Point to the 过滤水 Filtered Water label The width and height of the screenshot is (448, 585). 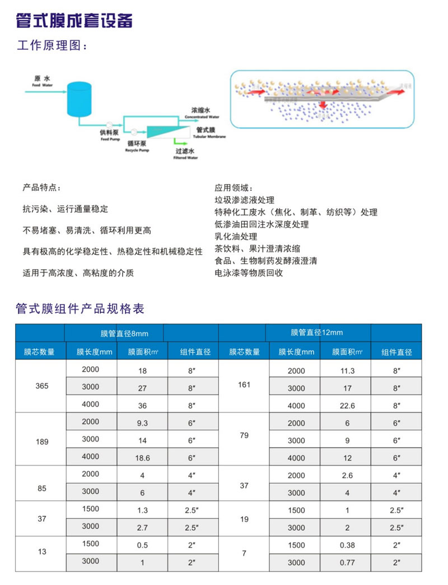pyautogui.click(x=185, y=153)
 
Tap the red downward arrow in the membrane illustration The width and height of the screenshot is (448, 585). pyautogui.click(x=321, y=105)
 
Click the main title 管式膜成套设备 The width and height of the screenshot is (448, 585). pyautogui.click(x=75, y=21)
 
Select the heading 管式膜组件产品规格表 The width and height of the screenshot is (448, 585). pyautogui.click(x=81, y=308)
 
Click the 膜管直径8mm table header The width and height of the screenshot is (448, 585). pyautogui.click(x=124, y=334)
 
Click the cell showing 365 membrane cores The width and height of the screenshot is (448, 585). pyautogui.click(x=41, y=387)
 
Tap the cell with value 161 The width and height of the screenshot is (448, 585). pyautogui.click(x=244, y=386)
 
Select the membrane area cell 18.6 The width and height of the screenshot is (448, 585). pyautogui.click(x=142, y=457)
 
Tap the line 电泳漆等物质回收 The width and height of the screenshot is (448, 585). pyautogui.click(x=249, y=273)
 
